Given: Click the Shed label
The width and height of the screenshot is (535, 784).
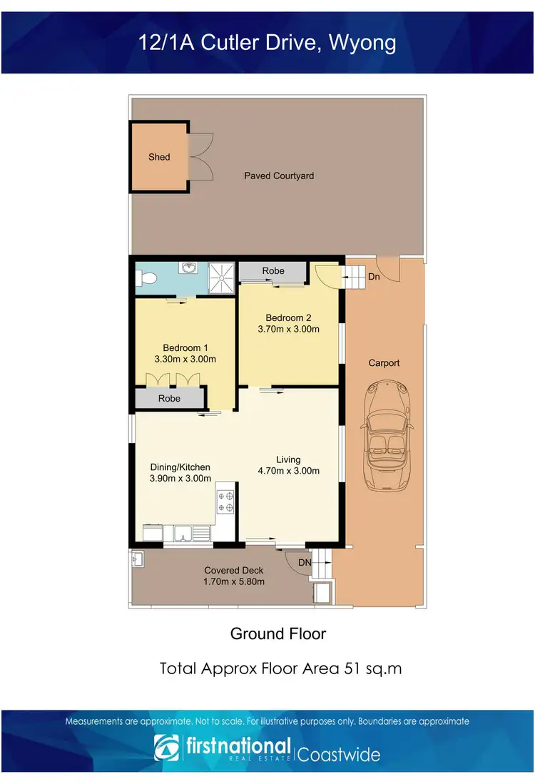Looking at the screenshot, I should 159,157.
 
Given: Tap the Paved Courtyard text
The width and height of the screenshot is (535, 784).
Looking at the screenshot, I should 279,175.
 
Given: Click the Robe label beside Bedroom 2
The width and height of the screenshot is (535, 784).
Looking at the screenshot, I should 273,271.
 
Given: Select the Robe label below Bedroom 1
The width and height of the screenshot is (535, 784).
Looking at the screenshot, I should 169,398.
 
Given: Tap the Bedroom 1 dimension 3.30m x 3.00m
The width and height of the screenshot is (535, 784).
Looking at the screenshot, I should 185,359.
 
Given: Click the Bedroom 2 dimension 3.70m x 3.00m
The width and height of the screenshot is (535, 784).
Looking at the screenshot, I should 288,330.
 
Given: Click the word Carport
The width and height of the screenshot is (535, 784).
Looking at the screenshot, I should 384,363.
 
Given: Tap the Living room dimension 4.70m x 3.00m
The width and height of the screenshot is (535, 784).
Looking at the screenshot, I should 288,471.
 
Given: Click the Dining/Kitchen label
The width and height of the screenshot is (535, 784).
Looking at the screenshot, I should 180,467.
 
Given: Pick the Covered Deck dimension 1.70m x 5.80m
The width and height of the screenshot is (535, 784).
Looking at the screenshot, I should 234,581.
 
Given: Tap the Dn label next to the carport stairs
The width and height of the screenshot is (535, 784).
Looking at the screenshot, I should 374,276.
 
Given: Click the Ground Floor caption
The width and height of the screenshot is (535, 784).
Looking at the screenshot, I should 277,633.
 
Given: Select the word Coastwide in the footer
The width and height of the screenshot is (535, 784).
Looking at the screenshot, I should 338,754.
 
